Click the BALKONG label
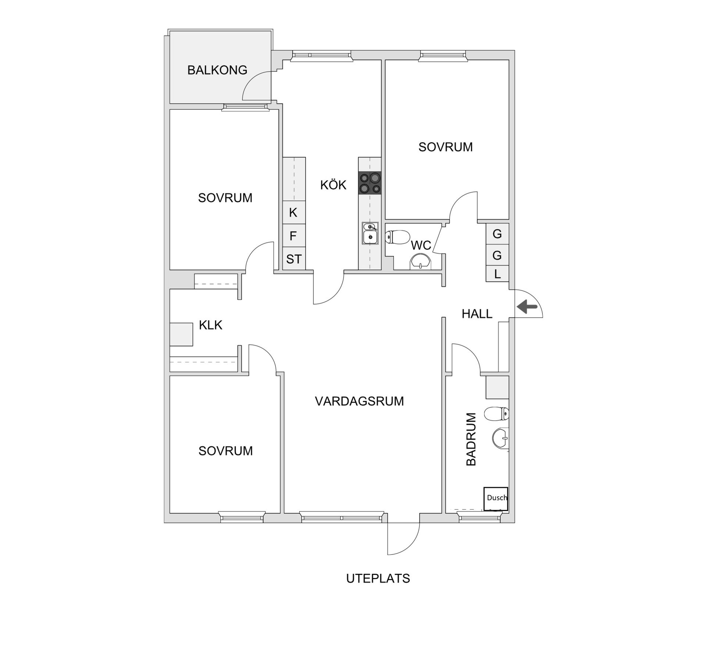click(217, 70)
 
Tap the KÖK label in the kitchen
click(333, 185)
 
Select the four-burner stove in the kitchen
click(370, 183)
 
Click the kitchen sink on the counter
click(370, 233)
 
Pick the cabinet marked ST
click(294, 259)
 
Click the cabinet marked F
click(293, 236)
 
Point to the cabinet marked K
click(293, 212)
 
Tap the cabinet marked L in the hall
click(497, 274)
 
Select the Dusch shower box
click(496, 499)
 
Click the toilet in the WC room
click(397, 237)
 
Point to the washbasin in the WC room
click(421, 262)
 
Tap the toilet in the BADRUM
click(496, 414)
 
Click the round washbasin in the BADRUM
click(500, 438)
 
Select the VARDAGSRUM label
click(359, 401)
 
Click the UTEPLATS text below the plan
click(378, 578)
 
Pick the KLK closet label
click(210, 325)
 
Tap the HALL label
click(477, 314)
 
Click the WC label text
click(421, 245)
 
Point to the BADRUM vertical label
click(471, 439)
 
